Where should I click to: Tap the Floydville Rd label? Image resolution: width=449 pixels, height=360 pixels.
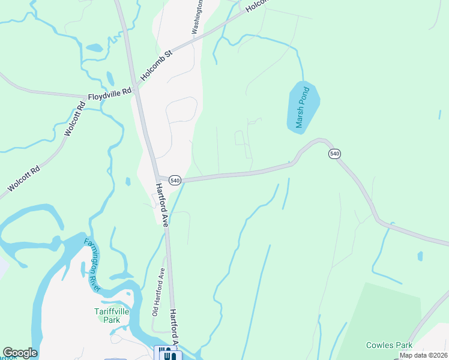[x=109, y=94]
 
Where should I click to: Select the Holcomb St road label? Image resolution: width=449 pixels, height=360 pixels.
[x=156, y=66]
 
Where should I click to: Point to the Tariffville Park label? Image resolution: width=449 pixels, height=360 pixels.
[x=115, y=315]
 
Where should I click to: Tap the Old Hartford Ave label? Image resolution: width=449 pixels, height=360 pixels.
[x=158, y=292]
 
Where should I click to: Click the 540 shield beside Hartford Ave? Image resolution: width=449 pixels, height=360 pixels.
[x=175, y=180]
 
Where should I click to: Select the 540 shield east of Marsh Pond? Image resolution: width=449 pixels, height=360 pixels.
[x=335, y=154]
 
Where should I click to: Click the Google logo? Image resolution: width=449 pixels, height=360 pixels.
[x=20, y=353]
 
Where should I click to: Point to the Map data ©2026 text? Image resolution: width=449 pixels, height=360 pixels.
[x=423, y=355]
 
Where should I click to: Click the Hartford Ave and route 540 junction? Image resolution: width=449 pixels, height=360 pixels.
[x=158, y=178]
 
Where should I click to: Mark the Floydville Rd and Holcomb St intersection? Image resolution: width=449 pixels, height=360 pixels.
[x=136, y=92]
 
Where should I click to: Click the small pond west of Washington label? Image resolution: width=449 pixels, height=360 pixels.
[x=94, y=47]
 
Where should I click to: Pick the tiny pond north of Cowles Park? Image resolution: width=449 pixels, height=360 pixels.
[x=419, y=256]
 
